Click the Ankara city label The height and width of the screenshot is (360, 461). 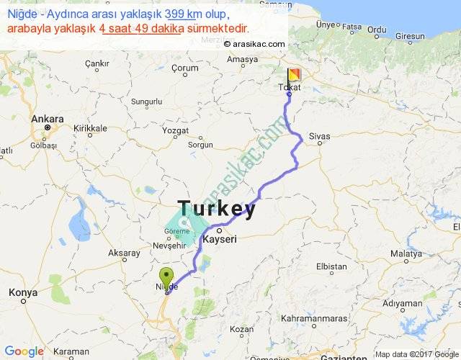pos(48,119)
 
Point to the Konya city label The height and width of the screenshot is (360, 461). pos(22,293)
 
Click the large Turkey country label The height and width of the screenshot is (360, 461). pos(216,210)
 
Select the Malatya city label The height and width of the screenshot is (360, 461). pos(405,254)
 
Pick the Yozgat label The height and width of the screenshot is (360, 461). pos(175,132)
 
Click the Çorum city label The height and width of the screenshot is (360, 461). pos(184,68)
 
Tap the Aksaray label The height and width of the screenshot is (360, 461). pos(124,253)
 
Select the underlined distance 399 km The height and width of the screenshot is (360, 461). pos(183,14)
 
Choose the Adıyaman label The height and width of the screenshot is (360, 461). pos(402,304)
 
